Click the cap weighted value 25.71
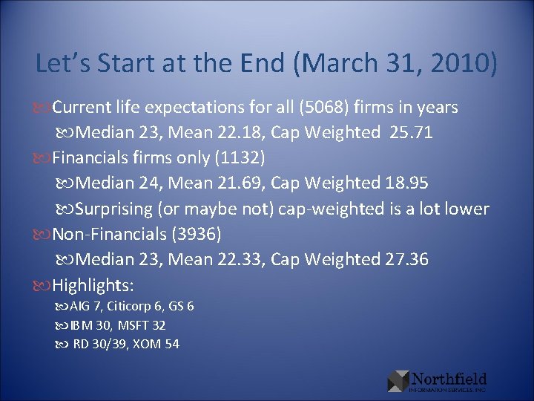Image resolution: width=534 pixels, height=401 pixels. [x=408, y=134]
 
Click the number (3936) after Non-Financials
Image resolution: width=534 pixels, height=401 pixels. [x=197, y=234]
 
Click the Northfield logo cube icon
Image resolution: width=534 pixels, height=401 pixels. [x=398, y=380]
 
